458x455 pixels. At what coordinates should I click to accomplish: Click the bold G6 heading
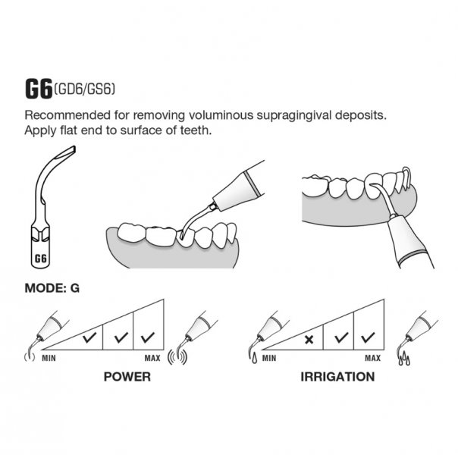pyautogui.click(x=39, y=89)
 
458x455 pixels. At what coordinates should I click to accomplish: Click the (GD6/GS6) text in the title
pyautogui.click(x=84, y=89)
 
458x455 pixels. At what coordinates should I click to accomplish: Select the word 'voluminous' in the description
pyautogui.click(x=221, y=115)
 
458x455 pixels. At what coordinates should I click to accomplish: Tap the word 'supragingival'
pyautogui.click(x=294, y=116)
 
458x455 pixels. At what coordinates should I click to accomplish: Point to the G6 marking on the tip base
pyautogui.click(x=41, y=259)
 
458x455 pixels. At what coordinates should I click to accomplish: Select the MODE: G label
pyautogui.click(x=52, y=288)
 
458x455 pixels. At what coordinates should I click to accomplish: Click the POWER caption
pyautogui.click(x=127, y=377)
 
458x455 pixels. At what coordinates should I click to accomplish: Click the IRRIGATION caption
pyautogui.click(x=337, y=377)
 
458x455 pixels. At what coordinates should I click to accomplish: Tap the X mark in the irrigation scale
pyautogui.click(x=309, y=340)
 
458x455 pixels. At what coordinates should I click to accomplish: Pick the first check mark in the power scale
pyautogui.click(x=89, y=337)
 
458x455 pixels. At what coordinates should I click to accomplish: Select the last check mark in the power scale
pyautogui.click(x=148, y=337)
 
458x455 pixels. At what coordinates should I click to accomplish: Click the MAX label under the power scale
pyautogui.click(x=152, y=358)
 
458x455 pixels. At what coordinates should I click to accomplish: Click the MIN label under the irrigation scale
pyautogui.click(x=269, y=358)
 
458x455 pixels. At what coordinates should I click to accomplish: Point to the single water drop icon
pyautogui.click(x=255, y=358)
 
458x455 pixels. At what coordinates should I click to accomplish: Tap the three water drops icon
pyautogui.click(x=404, y=359)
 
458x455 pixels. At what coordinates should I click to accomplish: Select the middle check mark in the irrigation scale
pyautogui.click(x=341, y=337)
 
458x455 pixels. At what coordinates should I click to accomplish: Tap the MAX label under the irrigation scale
pyautogui.click(x=373, y=358)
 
